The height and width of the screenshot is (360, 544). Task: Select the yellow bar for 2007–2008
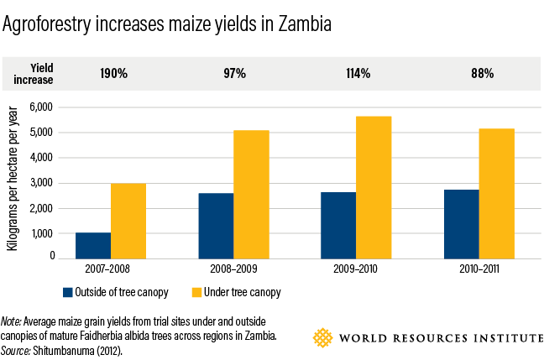click(128, 220)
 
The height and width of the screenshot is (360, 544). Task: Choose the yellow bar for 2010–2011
click(496, 192)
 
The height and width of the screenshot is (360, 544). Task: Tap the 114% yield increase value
click(358, 74)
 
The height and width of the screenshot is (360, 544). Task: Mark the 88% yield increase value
click(481, 74)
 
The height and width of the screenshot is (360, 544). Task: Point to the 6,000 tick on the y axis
click(41, 107)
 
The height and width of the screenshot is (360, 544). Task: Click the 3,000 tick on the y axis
click(41, 183)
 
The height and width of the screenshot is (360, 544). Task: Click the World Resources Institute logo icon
click(322, 338)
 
